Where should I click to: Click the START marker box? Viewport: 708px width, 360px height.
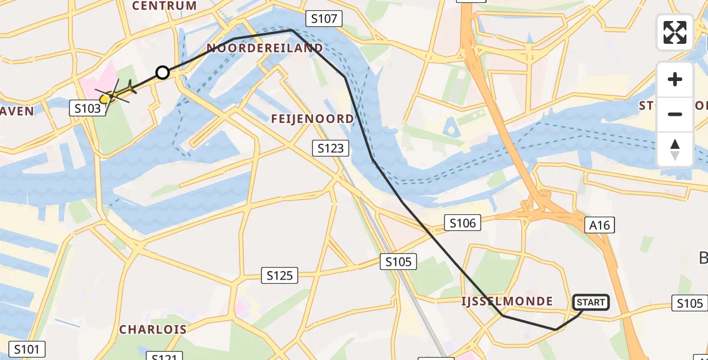click(591, 302)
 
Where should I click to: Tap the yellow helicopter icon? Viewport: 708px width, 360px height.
click(115, 94)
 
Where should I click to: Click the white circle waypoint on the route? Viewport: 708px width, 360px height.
click(163, 73)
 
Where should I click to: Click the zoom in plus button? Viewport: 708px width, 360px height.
click(675, 80)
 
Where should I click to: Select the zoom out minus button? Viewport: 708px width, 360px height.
click(675, 114)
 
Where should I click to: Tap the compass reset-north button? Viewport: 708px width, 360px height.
click(675, 149)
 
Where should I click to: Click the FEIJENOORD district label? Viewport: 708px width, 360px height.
click(313, 119)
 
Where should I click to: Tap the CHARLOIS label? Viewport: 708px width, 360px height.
click(152, 329)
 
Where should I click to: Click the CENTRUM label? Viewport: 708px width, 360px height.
click(164, 6)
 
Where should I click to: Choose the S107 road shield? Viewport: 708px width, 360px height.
click(323, 19)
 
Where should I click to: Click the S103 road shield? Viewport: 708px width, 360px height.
click(88, 109)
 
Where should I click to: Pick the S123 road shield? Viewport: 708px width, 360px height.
click(331, 148)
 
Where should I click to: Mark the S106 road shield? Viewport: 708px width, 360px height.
click(463, 223)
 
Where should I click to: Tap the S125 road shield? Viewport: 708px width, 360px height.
click(280, 275)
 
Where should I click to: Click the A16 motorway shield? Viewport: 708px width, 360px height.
click(599, 226)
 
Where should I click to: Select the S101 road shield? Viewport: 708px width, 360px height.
click(27, 349)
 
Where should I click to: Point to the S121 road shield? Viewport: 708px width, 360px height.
click(164, 356)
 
